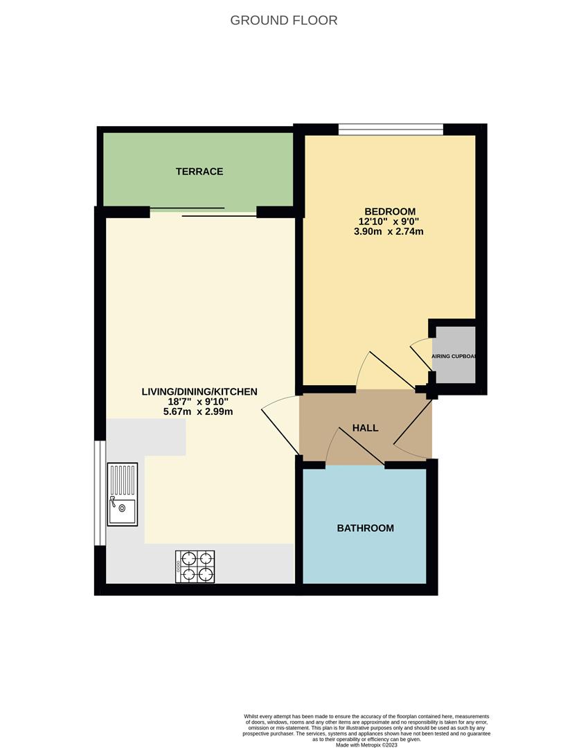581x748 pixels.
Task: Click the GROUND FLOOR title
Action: pyautogui.click(x=284, y=20)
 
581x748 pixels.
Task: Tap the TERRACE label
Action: pyautogui.click(x=199, y=171)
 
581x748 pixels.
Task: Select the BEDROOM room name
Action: pyautogui.click(x=390, y=211)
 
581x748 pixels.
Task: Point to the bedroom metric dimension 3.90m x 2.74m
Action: pyautogui.click(x=388, y=232)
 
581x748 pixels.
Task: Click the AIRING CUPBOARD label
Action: pyautogui.click(x=454, y=356)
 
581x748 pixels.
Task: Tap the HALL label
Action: pyautogui.click(x=365, y=428)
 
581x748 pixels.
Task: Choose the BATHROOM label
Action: pyautogui.click(x=365, y=528)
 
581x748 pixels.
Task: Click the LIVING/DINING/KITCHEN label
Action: pyautogui.click(x=199, y=391)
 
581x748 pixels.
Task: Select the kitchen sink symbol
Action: pyautogui.click(x=123, y=495)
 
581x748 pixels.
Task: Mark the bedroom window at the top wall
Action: pyautogui.click(x=391, y=129)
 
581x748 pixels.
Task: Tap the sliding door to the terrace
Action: pyautogui.click(x=204, y=211)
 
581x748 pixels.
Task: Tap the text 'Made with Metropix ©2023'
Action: pyautogui.click(x=366, y=745)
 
